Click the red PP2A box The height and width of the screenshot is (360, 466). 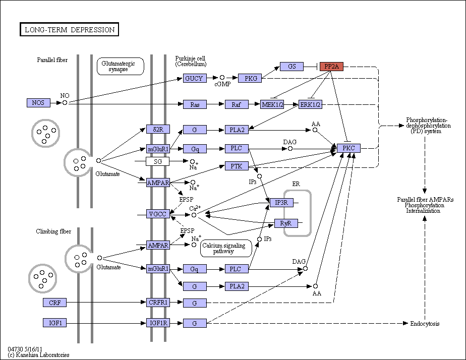click(x=331, y=67)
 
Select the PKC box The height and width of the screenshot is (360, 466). click(x=348, y=148)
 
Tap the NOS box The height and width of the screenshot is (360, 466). click(x=38, y=103)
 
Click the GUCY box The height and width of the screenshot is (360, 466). click(x=195, y=79)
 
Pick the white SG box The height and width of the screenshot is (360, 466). click(x=157, y=161)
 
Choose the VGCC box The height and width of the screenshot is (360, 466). click(x=158, y=214)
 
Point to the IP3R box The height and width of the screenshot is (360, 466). click(x=281, y=203)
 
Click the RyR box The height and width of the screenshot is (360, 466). click(x=286, y=223)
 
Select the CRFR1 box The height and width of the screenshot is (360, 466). click(x=158, y=303)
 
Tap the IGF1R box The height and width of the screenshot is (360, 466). click(x=158, y=323)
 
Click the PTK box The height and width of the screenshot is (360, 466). click(x=237, y=166)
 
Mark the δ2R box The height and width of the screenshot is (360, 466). click(x=158, y=129)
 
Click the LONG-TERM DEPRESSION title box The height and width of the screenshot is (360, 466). click(x=69, y=29)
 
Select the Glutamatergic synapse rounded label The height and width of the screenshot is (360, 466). click(x=121, y=66)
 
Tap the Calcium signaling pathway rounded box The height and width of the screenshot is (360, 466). click(x=226, y=248)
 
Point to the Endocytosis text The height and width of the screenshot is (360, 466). click(x=425, y=324)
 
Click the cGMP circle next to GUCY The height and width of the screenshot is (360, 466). click(x=222, y=78)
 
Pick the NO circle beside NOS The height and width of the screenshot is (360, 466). click(x=65, y=103)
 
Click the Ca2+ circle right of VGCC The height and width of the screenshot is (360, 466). click(x=194, y=215)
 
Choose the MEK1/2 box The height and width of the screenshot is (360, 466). click(x=272, y=104)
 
